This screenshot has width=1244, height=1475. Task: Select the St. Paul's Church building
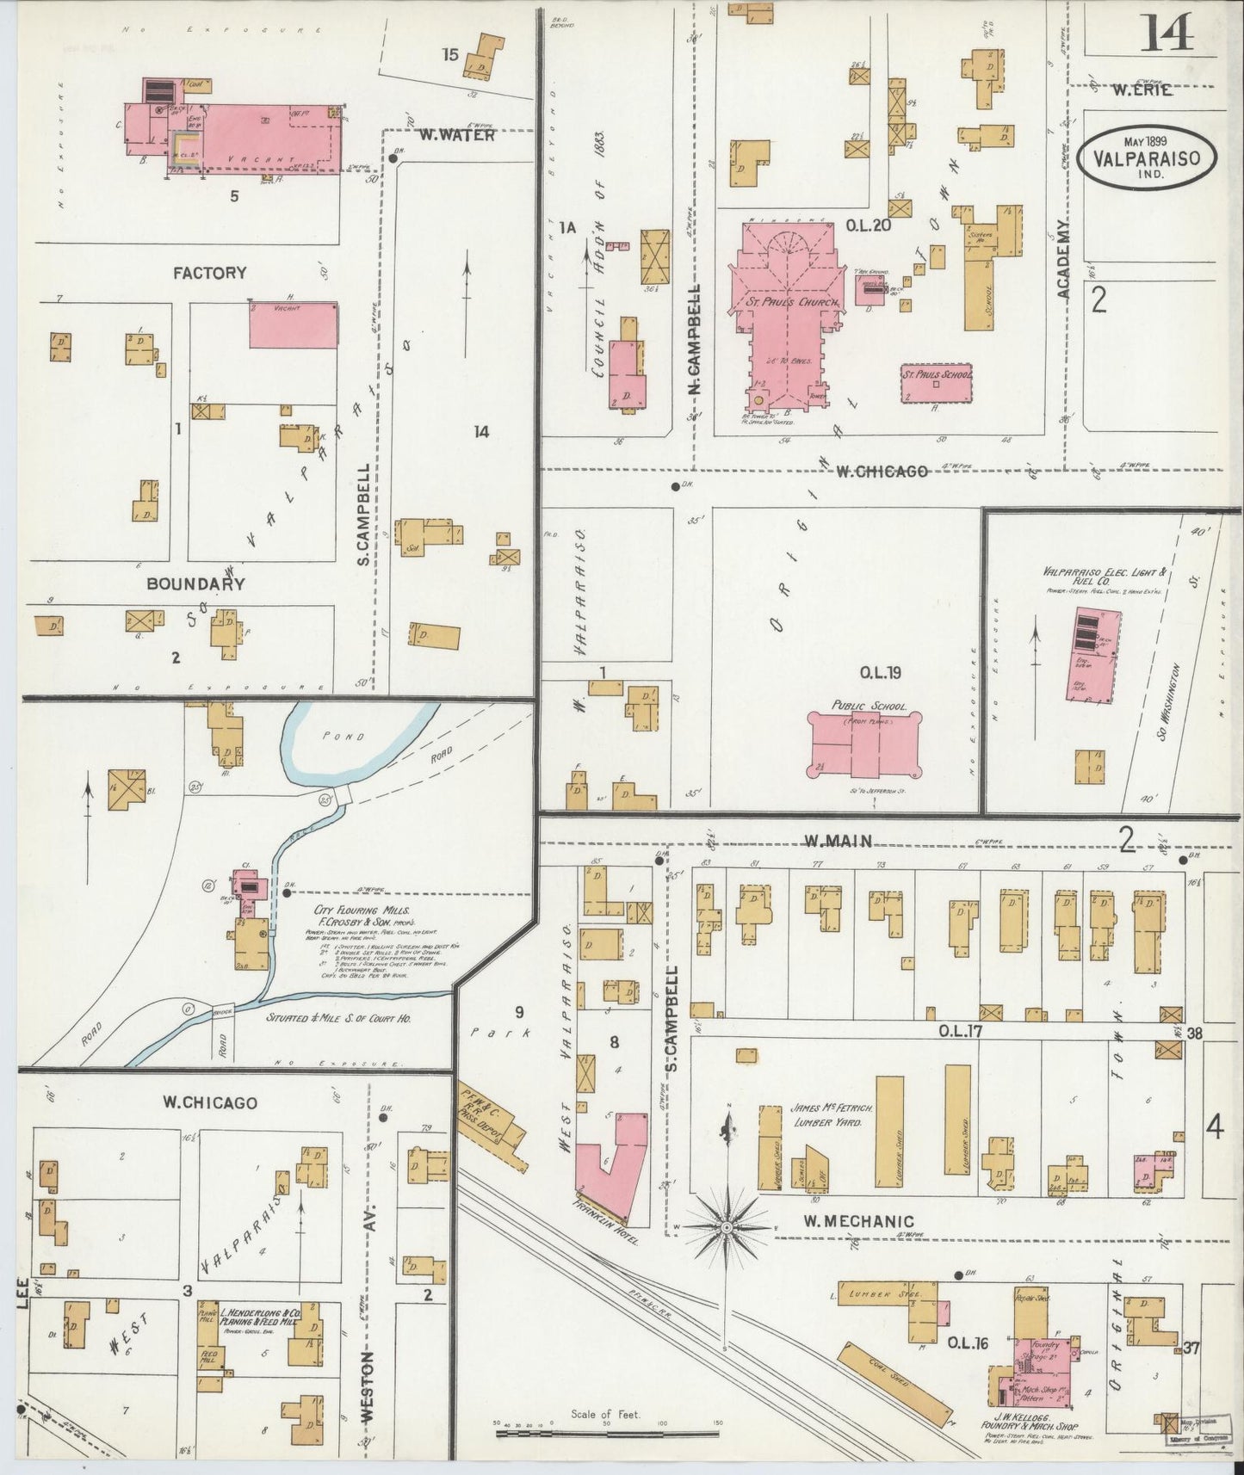click(x=783, y=318)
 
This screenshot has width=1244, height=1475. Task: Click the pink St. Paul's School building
click(x=937, y=384)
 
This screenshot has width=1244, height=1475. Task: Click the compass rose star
click(x=727, y=1226)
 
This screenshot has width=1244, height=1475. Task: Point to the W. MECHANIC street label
click(x=846, y=1221)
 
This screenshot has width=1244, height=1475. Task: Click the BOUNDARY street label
click(x=195, y=583)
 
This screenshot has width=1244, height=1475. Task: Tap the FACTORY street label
click(x=209, y=273)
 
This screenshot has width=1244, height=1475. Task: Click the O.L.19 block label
click(x=880, y=673)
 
